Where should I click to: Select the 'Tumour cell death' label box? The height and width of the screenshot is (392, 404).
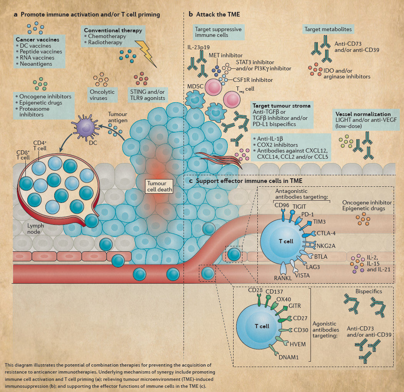click(x=159, y=186)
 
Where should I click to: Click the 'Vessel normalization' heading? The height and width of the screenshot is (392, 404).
click(x=363, y=114)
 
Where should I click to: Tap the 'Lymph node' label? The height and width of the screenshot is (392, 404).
click(x=35, y=229)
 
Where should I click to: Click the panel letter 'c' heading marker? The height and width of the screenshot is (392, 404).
click(x=191, y=181)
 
